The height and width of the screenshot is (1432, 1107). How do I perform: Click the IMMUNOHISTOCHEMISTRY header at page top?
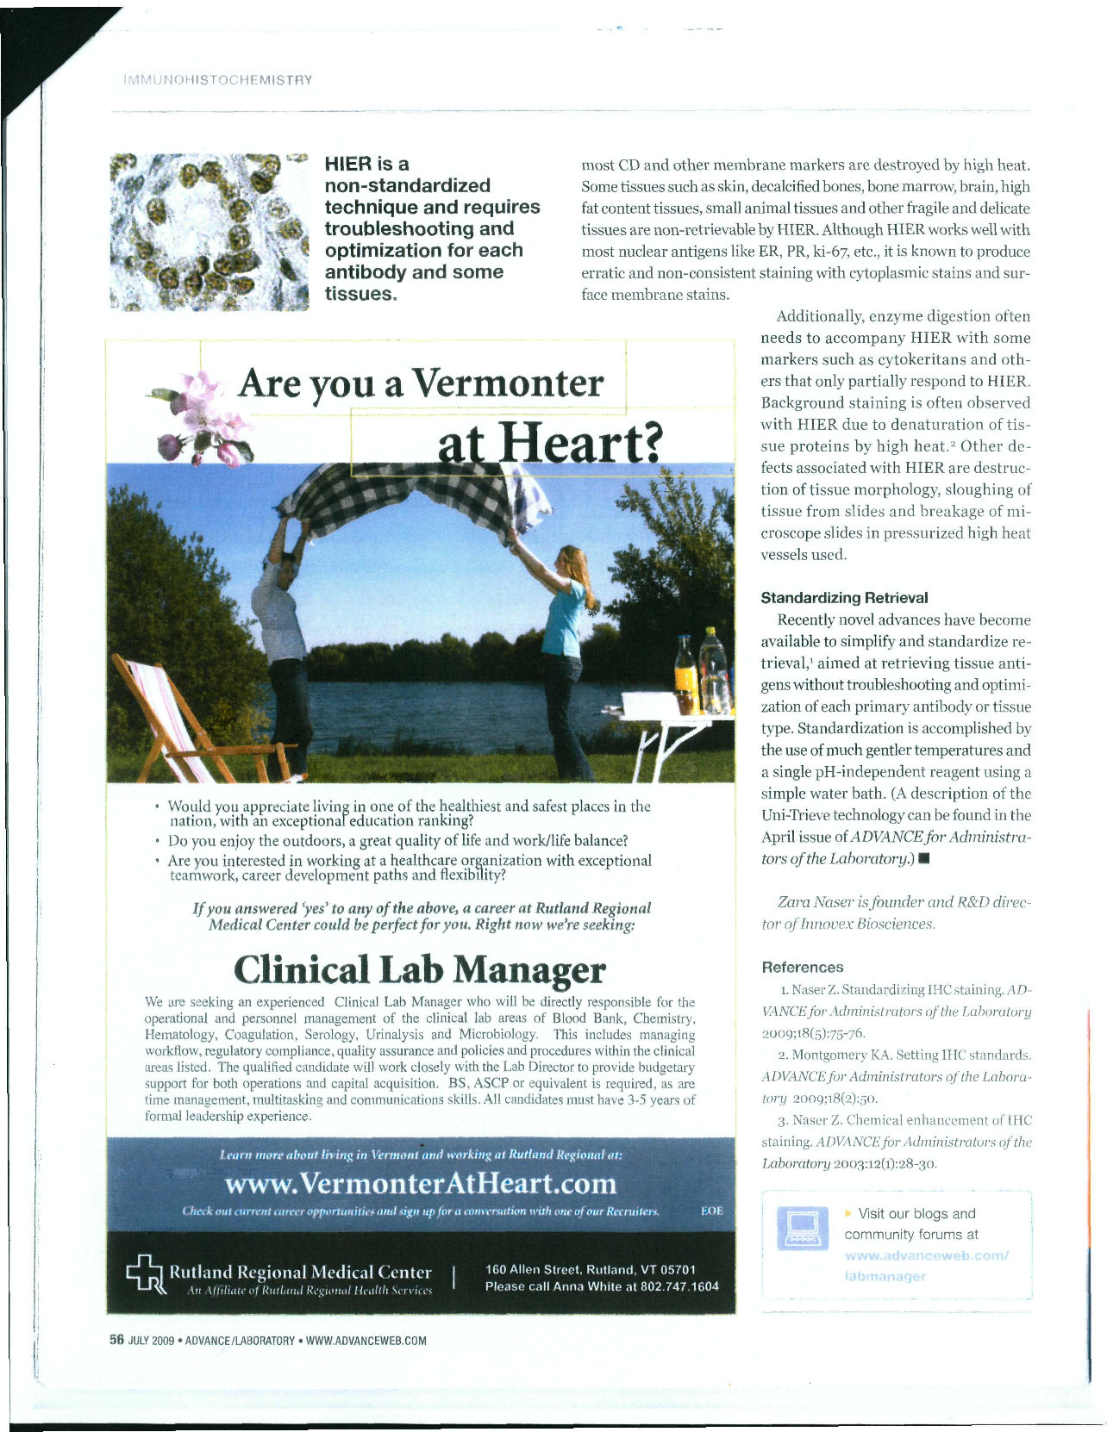tap(217, 80)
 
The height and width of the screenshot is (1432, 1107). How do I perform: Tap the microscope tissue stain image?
tap(210, 231)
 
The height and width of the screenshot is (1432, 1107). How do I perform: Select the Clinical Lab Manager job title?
tap(420, 969)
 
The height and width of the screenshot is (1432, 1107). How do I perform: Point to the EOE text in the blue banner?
tap(711, 1211)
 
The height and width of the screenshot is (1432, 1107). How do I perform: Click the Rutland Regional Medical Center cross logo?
tap(145, 1279)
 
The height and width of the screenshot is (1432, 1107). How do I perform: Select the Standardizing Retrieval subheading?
tap(844, 598)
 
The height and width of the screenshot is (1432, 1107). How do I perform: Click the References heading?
tap(803, 968)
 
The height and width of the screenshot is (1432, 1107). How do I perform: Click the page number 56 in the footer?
tap(116, 1340)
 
